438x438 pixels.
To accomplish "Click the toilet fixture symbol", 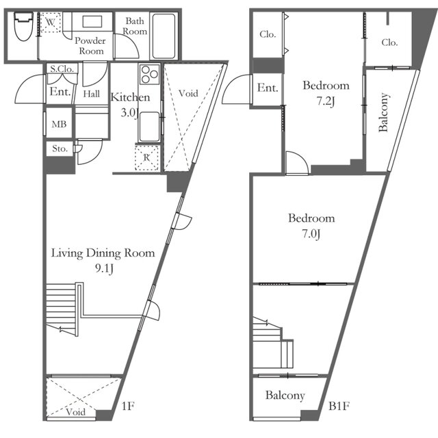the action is pyautogui.click(x=24, y=26).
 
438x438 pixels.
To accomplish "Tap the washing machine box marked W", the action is pyautogui.click(x=50, y=23).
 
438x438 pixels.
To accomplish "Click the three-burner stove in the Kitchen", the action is pyautogui.click(x=149, y=75).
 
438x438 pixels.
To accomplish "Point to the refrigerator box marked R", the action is pyautogui.click(x=147, y=157).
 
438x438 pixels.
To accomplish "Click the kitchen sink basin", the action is pyautogui.click(x=149, y=127).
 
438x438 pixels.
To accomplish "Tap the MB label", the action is pyautogui.click(x=59, y=124).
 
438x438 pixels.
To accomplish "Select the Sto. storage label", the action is pyautogui.click(x=60, y=149).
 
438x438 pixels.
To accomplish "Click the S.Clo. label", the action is pyautogui.click(x=62, y=68).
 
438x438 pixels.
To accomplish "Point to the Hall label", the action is pyautogui.click(x=91, y=94).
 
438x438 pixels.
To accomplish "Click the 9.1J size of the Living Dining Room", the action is pyautogui.click(x=104, y=269).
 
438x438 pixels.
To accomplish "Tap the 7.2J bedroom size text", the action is pyautogui.click(x=326, y=101).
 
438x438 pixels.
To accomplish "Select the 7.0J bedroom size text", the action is pyautogui.click(x=311, y=234).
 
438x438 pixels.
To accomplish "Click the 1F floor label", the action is pyautogui.click(x=128, y=406).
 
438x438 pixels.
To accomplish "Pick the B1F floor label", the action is pyautogui.click(x=339, y=406).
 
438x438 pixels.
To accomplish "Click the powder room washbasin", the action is pyautogui.click(x=92, y=21).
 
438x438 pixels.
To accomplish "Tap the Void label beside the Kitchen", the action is pyautogui.click(x=188, y=93).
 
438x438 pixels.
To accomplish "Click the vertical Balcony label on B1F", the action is pyautogui.click(x=384, y=112).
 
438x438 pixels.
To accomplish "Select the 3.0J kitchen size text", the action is pyautogui.click(x=130, y=113).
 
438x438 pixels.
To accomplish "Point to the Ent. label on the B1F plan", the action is pyautogui.click(x=268, y=88).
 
